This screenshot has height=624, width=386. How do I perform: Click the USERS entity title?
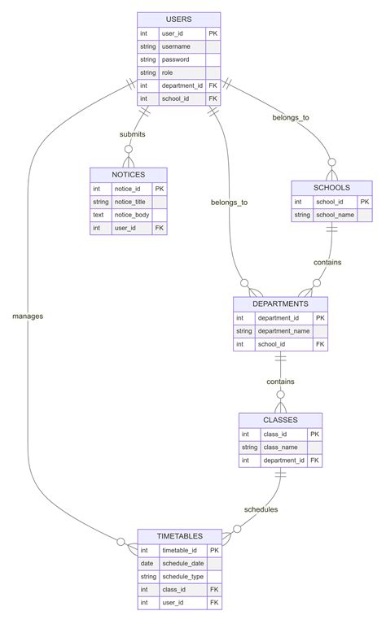coord(178,19)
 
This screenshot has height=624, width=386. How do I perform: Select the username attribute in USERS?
coord(176,46)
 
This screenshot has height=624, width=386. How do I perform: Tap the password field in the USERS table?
coord(176,59)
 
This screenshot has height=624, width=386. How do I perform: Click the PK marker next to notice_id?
coord(159,188)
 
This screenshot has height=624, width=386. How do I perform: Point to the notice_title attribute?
coord(129,201)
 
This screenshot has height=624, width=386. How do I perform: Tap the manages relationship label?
coord(28,315)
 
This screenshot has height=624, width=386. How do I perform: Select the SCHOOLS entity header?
coord(331,187)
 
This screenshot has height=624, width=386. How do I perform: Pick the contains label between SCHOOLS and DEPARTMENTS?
coord(327,262)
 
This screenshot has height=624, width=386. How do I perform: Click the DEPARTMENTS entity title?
coord(280,303)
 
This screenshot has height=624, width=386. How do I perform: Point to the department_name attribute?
coord(284,331)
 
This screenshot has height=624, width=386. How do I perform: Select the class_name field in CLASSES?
coord(280,447)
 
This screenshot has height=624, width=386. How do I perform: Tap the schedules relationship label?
coord(261,509)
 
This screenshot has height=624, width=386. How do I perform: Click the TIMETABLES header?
coord(179,536)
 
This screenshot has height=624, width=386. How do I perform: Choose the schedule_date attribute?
coord(182,563)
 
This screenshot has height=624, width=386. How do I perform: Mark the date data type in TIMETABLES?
coord(147,563)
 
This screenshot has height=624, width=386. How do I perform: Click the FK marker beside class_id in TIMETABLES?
coord(214,590)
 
